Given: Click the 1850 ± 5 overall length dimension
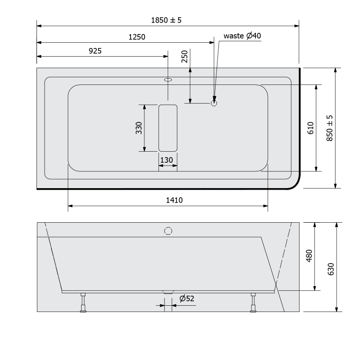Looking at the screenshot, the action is (x=166, y=20).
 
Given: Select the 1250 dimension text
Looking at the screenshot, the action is (x=137, y=37).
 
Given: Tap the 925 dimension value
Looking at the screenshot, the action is (x=95, y=51).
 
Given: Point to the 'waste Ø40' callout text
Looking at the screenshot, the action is (x=242, y=36).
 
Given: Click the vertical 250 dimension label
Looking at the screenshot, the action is (x=185, y=57).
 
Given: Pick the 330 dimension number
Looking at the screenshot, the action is (x=139, y=128).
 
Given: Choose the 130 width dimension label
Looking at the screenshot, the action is (x=167, y=160).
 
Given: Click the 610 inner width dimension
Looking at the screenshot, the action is (x=311, y=128).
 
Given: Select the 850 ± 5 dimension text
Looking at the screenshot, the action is (x=329, y=128).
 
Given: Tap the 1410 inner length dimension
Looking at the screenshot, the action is (x=174, y=200).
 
